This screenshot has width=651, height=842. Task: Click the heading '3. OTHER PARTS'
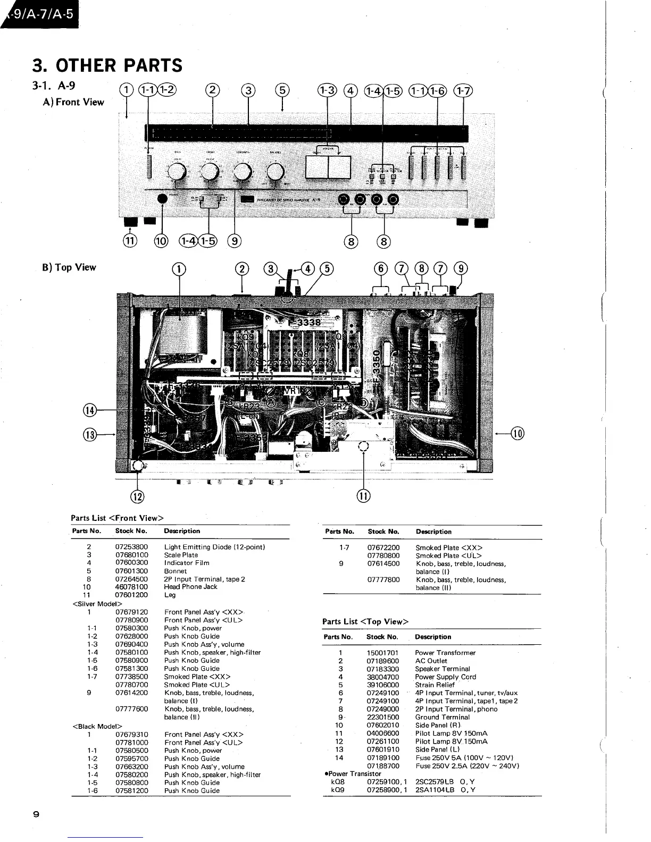point(107,65)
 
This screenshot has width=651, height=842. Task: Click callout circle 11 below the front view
point(130,241)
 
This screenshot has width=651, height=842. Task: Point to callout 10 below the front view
point(161,241)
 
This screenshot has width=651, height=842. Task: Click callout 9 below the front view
point(235,241)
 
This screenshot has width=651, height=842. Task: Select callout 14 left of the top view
point(89,410)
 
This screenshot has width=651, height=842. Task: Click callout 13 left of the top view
point(89,434)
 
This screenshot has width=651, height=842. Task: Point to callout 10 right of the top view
point(517,434)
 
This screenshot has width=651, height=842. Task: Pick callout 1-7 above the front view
point(463,90)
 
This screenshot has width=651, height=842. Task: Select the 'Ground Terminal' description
point(442,717)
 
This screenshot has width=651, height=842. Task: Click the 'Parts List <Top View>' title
point(365,621)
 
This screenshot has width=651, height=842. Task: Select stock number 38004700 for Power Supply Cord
point(382,677)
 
